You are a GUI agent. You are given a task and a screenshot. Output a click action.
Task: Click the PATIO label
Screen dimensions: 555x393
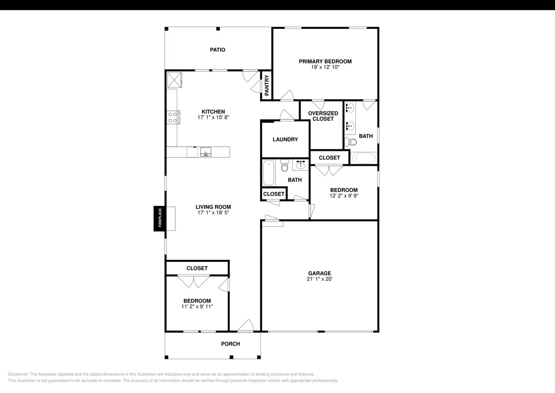point(218,50)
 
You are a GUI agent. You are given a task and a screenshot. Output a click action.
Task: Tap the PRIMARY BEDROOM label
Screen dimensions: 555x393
point(325,61)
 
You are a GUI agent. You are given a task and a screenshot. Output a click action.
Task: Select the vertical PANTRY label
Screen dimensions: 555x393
point(267,85)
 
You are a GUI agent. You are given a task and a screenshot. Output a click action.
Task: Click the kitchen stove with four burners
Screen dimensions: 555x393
point(173,117)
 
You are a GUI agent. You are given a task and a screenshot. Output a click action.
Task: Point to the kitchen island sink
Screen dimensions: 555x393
point(206,152)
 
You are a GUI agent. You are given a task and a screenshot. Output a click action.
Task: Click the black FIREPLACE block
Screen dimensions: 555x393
point(160,218)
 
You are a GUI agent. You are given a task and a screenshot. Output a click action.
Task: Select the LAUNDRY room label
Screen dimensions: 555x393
point(285,140)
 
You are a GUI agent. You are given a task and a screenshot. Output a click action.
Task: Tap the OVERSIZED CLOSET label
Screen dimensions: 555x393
point(323,116)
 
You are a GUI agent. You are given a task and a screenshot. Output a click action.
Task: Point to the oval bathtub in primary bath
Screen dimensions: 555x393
point(364,158)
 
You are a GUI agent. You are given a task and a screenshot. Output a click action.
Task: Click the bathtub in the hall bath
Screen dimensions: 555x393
point(268,173)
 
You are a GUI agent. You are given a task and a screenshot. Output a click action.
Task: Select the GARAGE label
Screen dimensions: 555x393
point(320,273)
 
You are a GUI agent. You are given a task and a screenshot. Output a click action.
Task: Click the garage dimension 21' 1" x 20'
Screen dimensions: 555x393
point(320,279)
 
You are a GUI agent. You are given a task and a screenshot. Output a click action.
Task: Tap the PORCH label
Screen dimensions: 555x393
point(230,344)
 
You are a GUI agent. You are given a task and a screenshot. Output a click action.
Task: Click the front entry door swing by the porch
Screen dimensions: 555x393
point(246,325)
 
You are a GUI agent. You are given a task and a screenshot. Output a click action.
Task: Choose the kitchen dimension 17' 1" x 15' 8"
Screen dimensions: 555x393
point(214,117)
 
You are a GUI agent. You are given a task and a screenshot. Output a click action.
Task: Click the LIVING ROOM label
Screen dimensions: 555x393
point(214,207)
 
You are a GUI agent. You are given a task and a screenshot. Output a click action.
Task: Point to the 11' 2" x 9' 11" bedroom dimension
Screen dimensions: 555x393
point(197,306)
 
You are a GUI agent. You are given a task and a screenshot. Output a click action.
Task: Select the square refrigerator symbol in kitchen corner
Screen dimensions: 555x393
point(174,80)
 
